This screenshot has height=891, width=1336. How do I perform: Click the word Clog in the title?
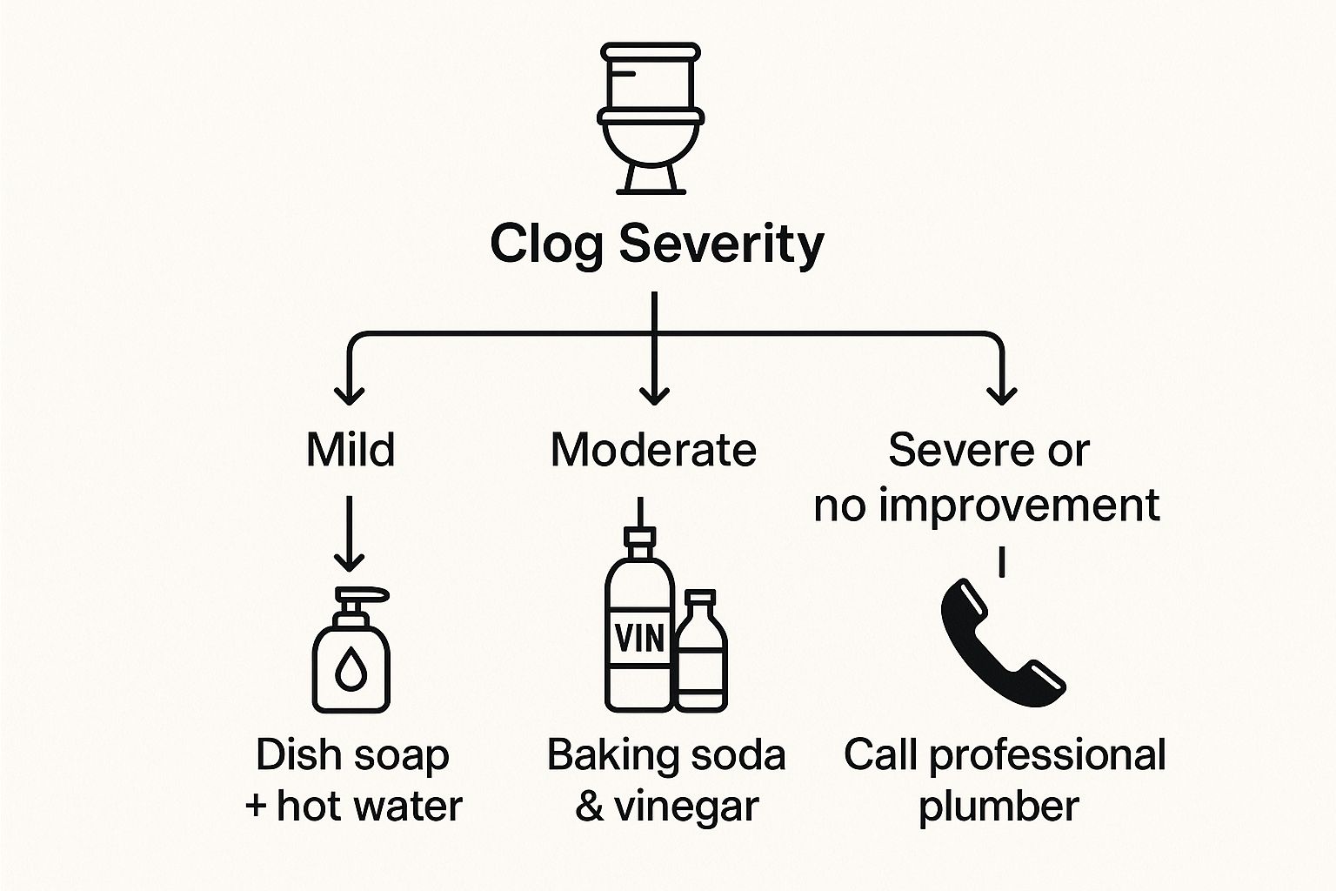coord(546,244)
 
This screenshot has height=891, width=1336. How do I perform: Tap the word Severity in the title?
coord(721,244)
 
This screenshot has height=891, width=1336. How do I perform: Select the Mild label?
coord(350,450)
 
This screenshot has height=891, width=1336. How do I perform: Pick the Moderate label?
coord(653,450)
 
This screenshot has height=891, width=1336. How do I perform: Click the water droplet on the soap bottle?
coord(351,670)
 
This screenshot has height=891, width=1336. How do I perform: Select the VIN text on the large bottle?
coord(639,640)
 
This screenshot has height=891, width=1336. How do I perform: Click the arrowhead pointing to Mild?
coord(350,396)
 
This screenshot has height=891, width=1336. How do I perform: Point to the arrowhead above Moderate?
coord(653,396)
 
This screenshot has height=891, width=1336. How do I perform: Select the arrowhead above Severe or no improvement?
coord(1002,396)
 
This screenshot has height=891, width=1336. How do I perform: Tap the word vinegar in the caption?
coord(686,807)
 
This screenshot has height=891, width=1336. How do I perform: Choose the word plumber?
coord(999,807)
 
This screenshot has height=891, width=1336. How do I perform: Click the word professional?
coord(1047,755)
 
